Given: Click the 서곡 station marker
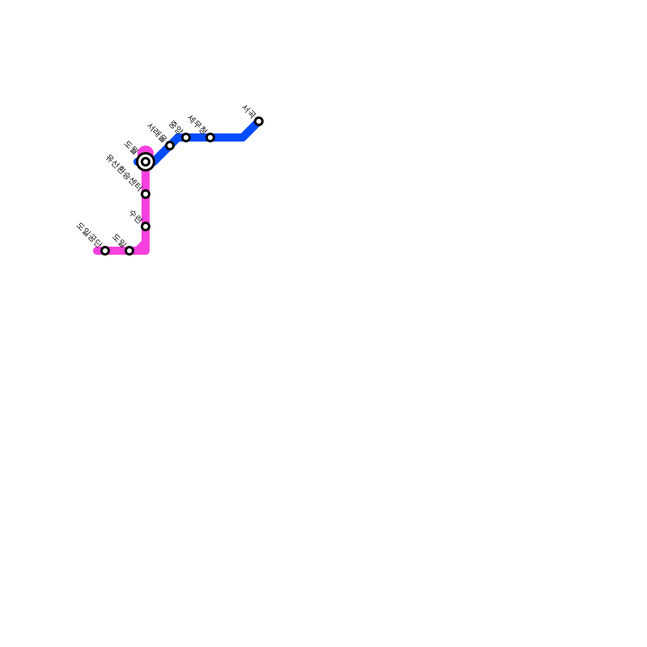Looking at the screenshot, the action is pyautogui.click(x=259, y=121).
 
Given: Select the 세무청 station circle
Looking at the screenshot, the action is pyautogui.click(x=210, y=137).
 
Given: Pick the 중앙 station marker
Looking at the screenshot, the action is pyautogui.click(x=186, y=137).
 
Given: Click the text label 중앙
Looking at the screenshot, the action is pyautogui.click(x=176, y=127).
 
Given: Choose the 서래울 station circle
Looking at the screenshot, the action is pyautogui.click(x=170, y=146).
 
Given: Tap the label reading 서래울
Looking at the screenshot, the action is pyautogui.click(x=157, y=132).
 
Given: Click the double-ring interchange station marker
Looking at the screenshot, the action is pyautogui.click(x=146, y=162).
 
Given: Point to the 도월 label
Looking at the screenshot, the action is pyautogui.click(x=131, y=148).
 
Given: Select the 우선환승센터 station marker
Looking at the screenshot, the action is pyautogui.click(x=146, y=194).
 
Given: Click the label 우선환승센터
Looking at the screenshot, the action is pyautogui.click(x=123, y=172).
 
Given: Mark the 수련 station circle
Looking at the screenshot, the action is pyautogui.click(x=146, y=226).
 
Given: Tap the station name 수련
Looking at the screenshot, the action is pyautogui.click(x=136, y=216).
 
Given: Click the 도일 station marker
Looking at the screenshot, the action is pyautogui.click(x=129, y=251).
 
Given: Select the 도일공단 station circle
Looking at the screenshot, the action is pyautogui.click(x=105, y=251).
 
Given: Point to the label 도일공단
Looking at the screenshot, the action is pyautogui.click(x=88, y=235).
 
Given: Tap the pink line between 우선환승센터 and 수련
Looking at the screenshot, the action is pyautogui.click(x=146, y=210).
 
